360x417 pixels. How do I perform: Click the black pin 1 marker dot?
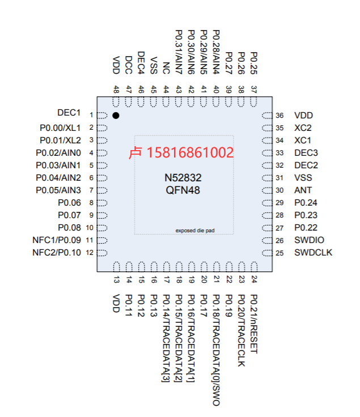[116, 116]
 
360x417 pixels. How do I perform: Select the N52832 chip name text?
[183, 178]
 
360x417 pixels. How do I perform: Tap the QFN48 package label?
[183, 190]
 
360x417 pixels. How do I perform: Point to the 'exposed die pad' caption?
[195, 231]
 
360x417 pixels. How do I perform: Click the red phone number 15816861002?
[190, 152]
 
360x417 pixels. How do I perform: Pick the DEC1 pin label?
[69, 113]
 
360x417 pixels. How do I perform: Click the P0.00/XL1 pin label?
[60, 127]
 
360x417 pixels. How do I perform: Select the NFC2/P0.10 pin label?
[57, 252]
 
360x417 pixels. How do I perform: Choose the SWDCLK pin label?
[313, 252]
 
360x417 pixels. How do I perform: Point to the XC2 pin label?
[303, 128]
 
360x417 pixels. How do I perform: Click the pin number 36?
[279, 116]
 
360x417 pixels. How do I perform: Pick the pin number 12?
[88, 253]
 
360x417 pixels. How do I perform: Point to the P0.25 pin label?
[253, 64]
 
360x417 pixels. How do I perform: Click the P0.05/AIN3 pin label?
[58, 190]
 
